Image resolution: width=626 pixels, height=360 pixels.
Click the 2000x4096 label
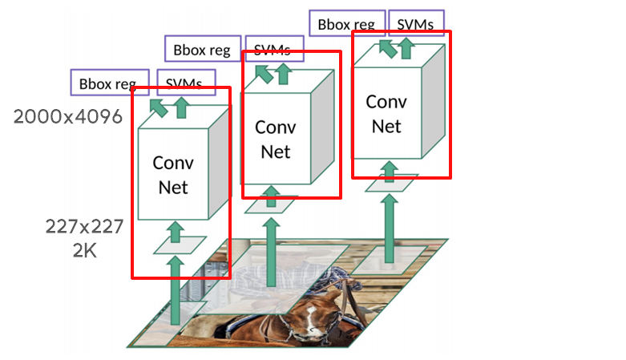67,117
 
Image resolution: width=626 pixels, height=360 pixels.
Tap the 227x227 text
84,227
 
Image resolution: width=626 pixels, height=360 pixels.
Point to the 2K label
84,250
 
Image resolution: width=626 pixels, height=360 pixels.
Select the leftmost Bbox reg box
108,83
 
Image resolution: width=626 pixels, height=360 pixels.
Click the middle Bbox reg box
203,50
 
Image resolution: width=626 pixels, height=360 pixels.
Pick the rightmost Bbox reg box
346,24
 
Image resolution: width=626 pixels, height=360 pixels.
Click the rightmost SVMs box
415,24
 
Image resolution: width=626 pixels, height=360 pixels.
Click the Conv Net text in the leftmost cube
173,175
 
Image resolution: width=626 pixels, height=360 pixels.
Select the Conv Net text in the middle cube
275,139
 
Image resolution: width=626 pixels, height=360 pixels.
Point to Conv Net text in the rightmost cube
386,114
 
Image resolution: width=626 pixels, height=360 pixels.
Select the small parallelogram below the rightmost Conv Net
390,184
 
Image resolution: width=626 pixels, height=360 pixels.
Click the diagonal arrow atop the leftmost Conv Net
160,107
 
